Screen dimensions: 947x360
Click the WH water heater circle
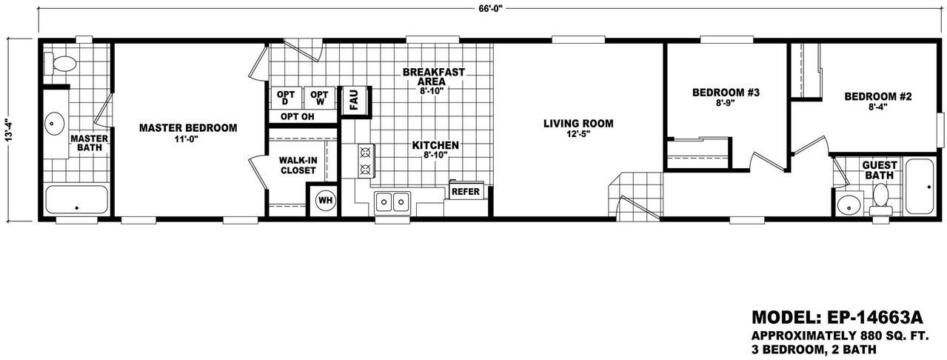coord(326,201)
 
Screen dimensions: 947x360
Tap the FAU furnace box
coord(354,100)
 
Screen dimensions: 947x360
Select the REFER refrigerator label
coord(466,192)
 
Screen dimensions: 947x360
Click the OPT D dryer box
coord(286,98)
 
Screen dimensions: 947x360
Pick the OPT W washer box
coord(320,98)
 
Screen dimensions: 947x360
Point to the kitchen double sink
coord(392,202)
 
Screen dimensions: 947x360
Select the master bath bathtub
coord(76,200)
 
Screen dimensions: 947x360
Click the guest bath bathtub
coord(920,187)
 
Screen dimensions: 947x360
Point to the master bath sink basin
coord(54,124)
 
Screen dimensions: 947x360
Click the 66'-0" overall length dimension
coord(490,8)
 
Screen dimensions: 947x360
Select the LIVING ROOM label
coord(578,124)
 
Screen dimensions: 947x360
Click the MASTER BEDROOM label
coord(188,128)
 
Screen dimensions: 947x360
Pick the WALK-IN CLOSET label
coord(298,165)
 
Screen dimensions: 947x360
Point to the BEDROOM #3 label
coord(726,93)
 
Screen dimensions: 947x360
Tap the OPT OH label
coord(298,117)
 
